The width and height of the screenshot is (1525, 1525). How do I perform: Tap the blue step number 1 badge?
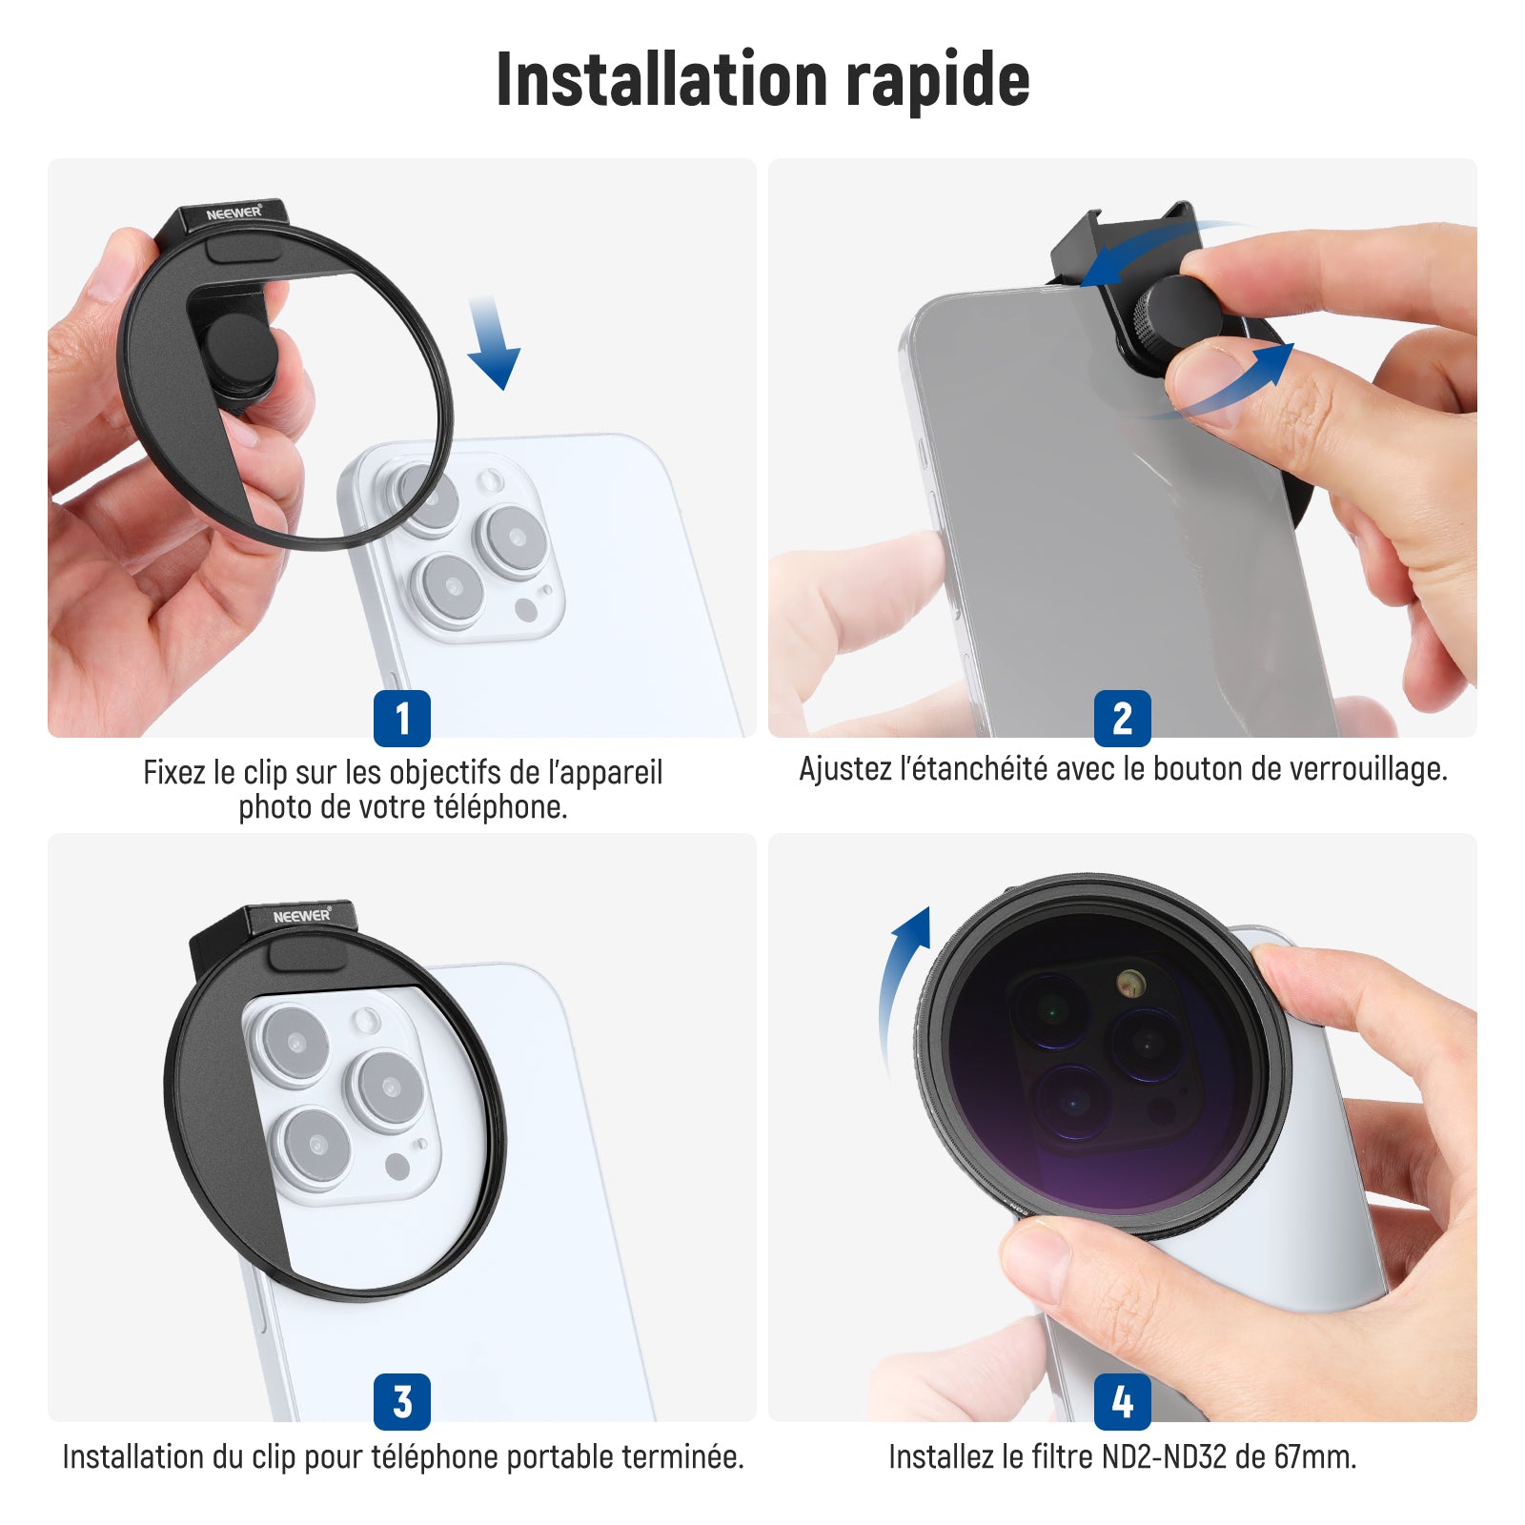pyautogui.click(x=402, y=718)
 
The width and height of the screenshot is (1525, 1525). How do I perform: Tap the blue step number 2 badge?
pyautogui.click(x=1123, y=718)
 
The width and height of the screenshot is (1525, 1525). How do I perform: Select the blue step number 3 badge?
pyautogui.click(x=402, y=1401)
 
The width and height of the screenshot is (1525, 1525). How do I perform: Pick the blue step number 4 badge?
pyautogui.click(x=1123, y=1401)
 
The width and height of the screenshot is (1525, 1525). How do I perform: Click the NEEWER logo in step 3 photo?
pyautogui.click(x=302, y=916)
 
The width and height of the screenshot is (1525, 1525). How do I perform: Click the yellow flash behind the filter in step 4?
pyautogui.click(x=1130, y=983)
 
